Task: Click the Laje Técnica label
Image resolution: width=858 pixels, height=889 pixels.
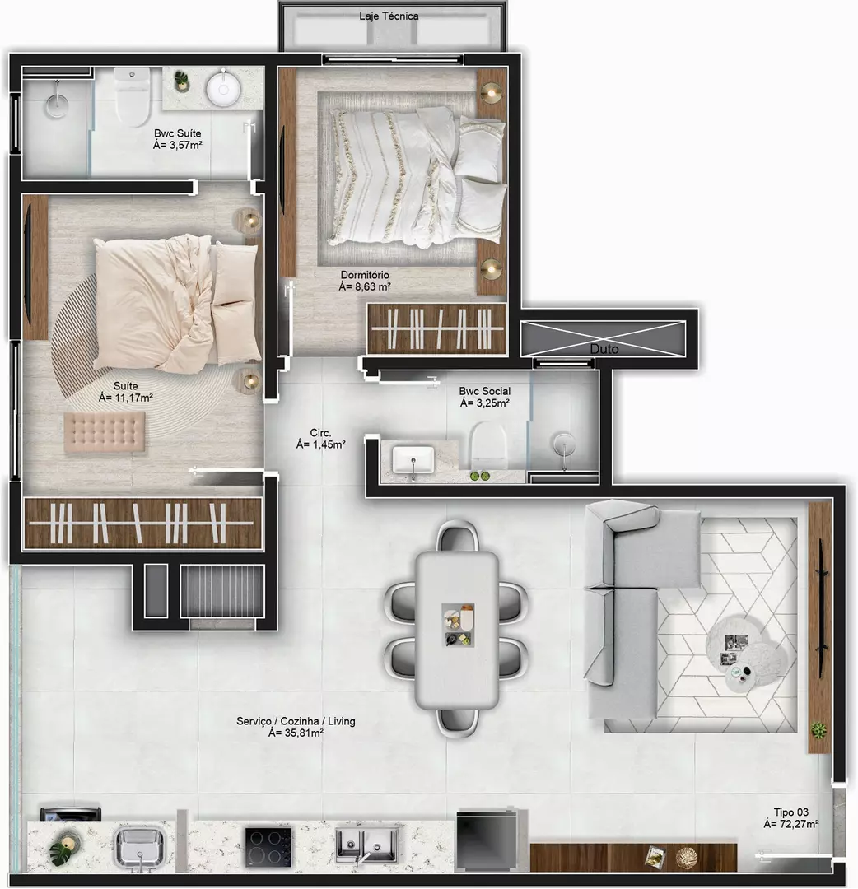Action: [x=389, y=16]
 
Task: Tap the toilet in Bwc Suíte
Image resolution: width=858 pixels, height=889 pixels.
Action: [x=132, y=95]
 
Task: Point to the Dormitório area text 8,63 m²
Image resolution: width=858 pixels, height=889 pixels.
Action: [x=365, y=287]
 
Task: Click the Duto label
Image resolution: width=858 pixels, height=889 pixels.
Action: [x=604, y=349]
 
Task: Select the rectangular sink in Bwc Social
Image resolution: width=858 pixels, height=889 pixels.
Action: [x=413, y=460]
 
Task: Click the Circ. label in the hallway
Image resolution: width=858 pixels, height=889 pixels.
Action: [x=320, y=433]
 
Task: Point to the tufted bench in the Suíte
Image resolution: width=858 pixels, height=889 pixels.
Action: [x=105, y=433]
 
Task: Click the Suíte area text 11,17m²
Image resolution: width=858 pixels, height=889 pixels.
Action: [x=125, y=398]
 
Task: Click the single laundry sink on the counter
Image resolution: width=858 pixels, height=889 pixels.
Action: [x=140, y=846]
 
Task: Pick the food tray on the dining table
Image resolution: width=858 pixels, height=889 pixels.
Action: [x=458, y=626]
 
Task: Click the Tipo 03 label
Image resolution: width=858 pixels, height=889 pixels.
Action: [x=791, y=812]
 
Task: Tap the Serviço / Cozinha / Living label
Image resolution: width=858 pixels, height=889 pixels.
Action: [x=296, y=721]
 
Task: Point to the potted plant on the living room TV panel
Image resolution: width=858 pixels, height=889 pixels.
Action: [x=818, y=729]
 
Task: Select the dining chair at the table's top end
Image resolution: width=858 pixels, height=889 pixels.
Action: [x=458, y=538]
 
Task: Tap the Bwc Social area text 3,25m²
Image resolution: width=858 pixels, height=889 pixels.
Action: [x=485, y=403]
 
